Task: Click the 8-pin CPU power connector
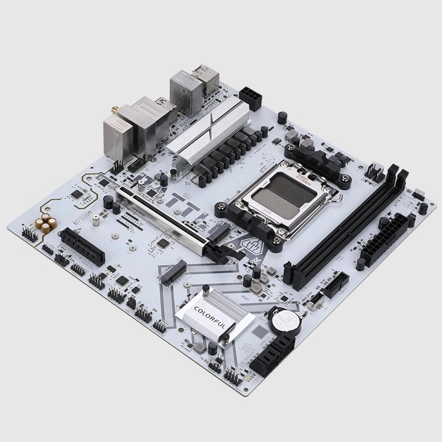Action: [x=251, y=99]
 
